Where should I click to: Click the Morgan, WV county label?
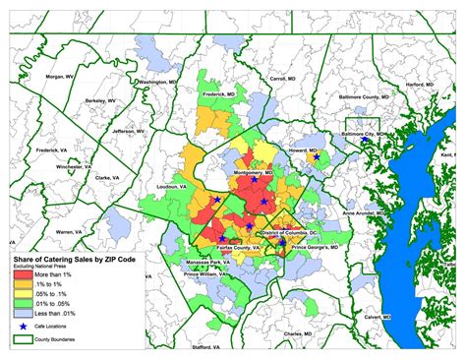click(58, 77)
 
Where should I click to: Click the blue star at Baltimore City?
click(364, 141)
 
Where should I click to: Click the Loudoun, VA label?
click(172, 184)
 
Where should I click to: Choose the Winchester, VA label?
click(73, 166)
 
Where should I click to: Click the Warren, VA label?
click(70, 231)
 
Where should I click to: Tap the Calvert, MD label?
click(380, 318)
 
